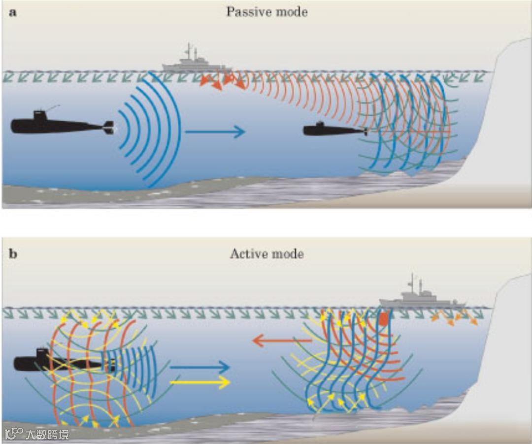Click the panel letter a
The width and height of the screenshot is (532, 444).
click(x=13, y=13)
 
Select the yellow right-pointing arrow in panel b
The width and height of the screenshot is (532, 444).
click(x=199, y=382)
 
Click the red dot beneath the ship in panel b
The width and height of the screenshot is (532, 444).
click(x=383, y=319)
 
